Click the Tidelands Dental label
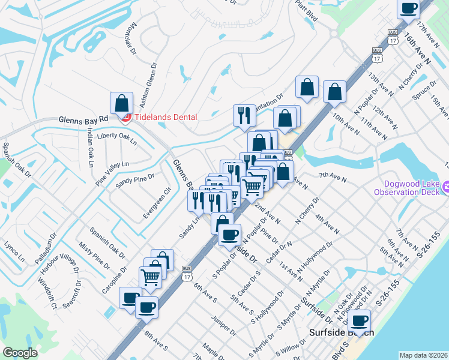[x=164, y=117]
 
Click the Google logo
[x=20, y=353]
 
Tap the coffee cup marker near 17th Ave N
[x=409, y=8]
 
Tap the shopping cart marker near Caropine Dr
[x=150, y=276]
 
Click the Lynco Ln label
[x=14, y=251]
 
